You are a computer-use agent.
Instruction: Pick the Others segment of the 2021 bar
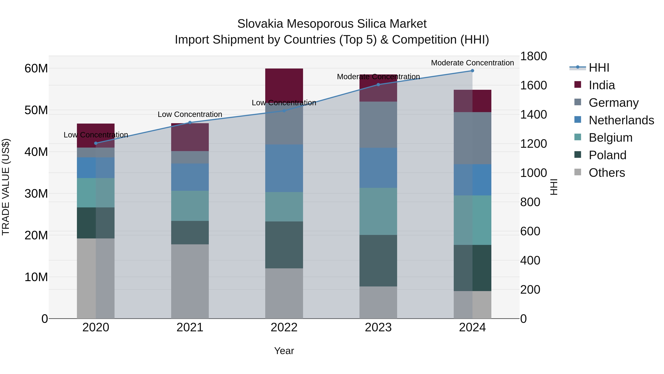pyautogui.click(x=190, y=281)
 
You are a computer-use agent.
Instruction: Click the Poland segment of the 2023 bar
pyautogui.click(x=378, y=260)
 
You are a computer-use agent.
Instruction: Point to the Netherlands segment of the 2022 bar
pyautogui.click(x=284, y=168)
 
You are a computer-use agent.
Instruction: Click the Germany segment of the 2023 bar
pyautogui.click(x=378, y=124)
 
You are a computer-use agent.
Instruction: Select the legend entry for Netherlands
pyautogui.click(x=621, y=120)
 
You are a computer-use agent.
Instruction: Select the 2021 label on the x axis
pyautogui.click(x=190, y=327)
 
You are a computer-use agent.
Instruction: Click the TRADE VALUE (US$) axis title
pyautogui.click(x=6, y=187)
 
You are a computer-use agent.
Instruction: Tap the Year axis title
pyautogui.click(x=284, y=351)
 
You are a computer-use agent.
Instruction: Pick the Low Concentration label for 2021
pyautogui.click(x=190, y=114)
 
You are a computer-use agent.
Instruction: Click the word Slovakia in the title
pyautogui.click(x=260, y=24)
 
